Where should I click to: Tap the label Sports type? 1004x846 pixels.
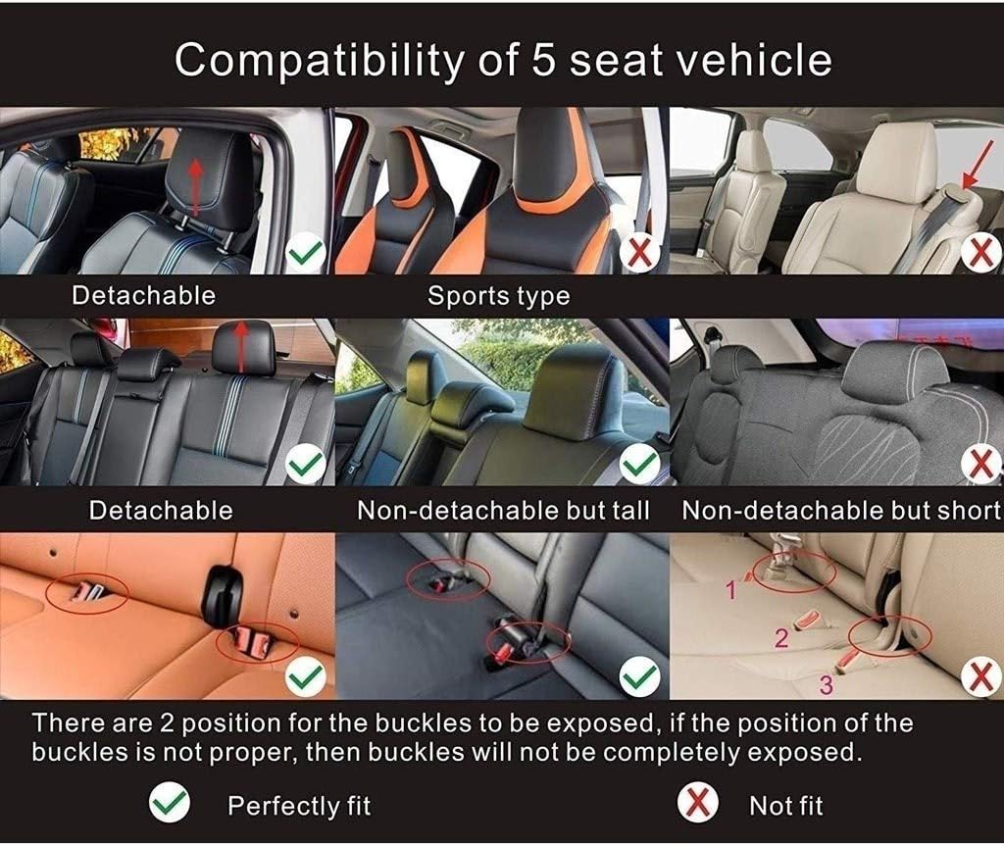click(498, 295)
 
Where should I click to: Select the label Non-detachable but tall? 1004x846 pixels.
click(503, 510)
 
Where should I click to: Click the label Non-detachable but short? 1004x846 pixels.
click(841, 510)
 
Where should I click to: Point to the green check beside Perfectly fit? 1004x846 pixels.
click(170, 805)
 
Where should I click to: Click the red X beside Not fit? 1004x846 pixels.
click(697, 805)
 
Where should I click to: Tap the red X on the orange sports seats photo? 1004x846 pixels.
click(640, 254)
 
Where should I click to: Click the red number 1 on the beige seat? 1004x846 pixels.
click(729, 589)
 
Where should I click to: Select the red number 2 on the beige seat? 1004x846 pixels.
click(781, 639)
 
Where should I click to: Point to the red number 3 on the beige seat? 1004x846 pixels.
click(826, 685)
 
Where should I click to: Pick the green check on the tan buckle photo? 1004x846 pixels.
click(306, 675)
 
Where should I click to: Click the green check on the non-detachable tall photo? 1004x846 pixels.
click(640, 460)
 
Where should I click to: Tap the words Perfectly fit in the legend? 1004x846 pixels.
click(299, 806)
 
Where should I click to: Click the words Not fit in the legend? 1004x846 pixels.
click(785, 806)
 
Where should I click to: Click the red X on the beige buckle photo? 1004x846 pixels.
click(980, 675)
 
